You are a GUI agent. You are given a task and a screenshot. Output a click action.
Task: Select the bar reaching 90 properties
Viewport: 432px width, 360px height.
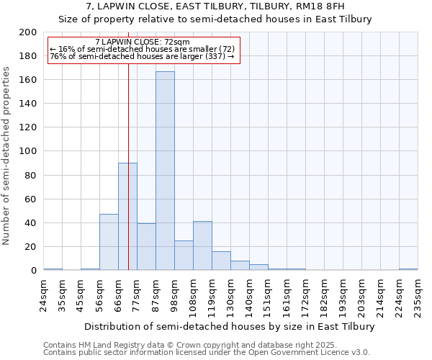point(127,216)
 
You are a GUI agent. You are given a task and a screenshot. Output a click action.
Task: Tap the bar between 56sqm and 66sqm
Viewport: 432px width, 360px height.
point(109,242)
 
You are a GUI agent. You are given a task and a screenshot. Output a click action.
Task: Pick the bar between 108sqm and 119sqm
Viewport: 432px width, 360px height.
point(202,246)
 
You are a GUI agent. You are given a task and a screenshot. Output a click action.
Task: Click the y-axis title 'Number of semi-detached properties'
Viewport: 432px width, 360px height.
point(8,156)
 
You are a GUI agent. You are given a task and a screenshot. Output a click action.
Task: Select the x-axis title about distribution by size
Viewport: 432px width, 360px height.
point(230,326)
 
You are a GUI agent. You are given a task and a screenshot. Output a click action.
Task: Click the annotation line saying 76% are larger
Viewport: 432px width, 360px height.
point(142,56)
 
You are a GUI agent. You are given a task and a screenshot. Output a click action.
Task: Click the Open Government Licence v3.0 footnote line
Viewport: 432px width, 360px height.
point(207,353)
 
